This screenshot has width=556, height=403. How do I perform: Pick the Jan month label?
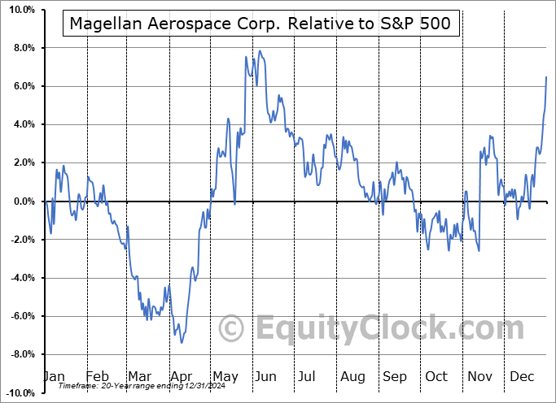53,377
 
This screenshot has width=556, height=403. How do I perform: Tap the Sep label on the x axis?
396,377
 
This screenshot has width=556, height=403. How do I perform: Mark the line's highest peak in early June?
260,51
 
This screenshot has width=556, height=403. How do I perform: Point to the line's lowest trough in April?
182,342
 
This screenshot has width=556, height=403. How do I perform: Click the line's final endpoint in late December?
546,76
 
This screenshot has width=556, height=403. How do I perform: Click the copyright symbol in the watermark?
233,328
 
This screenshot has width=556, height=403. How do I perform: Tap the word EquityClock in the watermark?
350,328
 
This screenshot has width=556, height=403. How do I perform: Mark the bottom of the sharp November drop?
479,251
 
